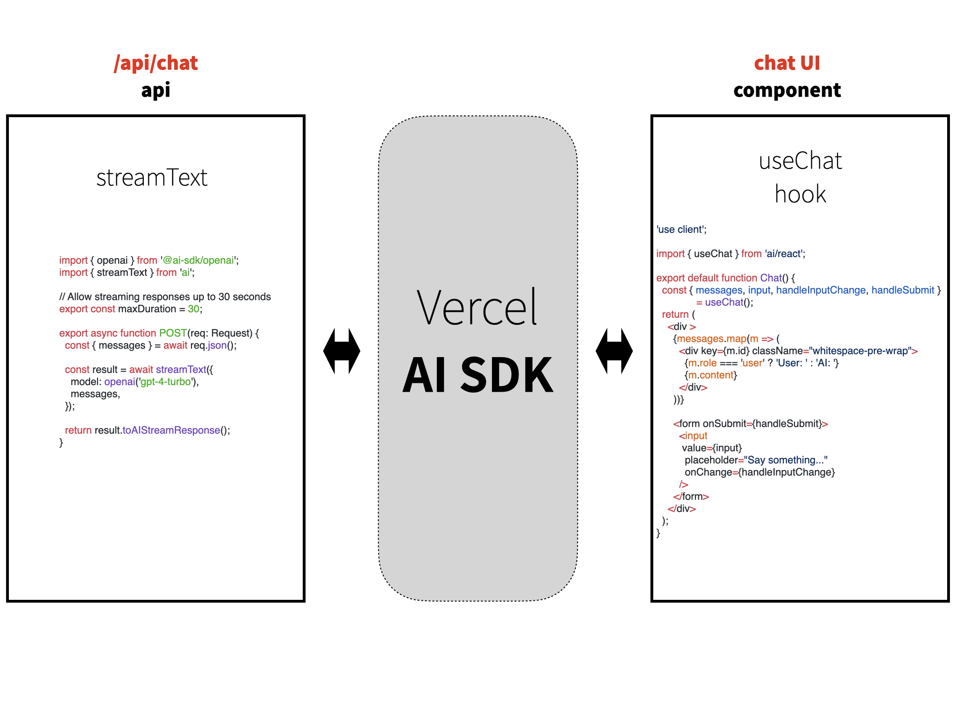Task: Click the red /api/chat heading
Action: click(156, 63)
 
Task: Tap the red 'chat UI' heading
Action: click(787, 63)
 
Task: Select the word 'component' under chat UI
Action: click(787, 90)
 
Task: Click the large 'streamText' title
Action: click(152, 177)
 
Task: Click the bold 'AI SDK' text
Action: click(478, 374)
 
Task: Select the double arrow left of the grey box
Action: click(342, 351)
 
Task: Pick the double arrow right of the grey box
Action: click(614, 351)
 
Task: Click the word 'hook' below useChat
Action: click(801, 194)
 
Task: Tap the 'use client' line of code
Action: click(682, 230)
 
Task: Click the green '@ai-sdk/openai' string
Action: click(198, 260)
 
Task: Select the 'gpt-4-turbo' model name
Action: click(166, 382)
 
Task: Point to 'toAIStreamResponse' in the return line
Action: click(171, 430)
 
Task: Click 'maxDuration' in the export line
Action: click(147, 309)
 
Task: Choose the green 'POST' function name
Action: click(173, 333)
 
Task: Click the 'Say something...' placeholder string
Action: click(786, 460)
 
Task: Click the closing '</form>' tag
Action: click(691, 497)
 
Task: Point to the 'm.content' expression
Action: click(711, 375)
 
